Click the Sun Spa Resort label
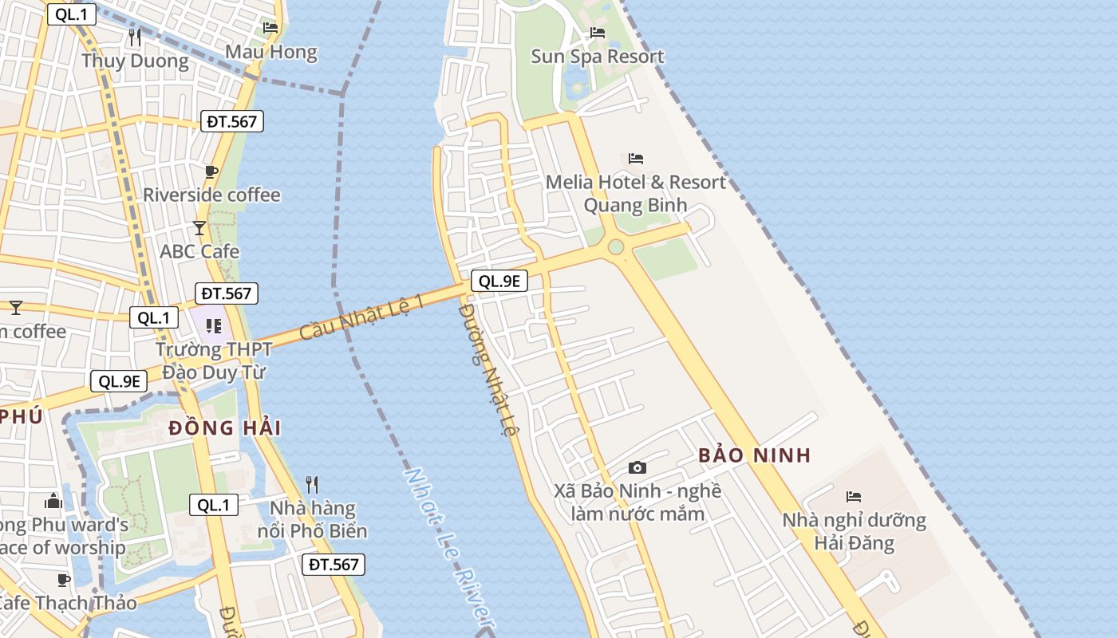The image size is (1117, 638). tap(598, 57)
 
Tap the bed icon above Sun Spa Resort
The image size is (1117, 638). tap(598, 33)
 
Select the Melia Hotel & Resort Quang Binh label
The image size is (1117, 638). tap(636, 194)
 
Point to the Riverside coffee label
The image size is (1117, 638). tap(211, 195)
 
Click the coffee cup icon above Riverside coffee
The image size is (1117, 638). tap(211, 171)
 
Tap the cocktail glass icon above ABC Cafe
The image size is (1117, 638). tap(199, 228)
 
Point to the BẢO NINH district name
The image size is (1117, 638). tap(754, 455)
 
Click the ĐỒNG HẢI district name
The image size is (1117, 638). tap(225, 428)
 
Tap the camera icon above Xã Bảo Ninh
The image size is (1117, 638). tap(637, 467)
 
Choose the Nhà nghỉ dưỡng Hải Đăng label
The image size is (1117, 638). tap(854, 532)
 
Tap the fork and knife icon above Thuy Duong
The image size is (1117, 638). tap(135, 37)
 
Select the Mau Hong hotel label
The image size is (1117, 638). tap(271, 53)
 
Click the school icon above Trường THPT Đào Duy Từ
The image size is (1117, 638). tap(213, 325)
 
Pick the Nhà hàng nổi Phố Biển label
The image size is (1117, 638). tap(313, 519)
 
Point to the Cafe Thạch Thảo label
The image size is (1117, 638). tap(68, 603)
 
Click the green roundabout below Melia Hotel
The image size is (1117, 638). tap(615, 247)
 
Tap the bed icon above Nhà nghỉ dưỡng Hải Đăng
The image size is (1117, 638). tap(854, 497)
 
